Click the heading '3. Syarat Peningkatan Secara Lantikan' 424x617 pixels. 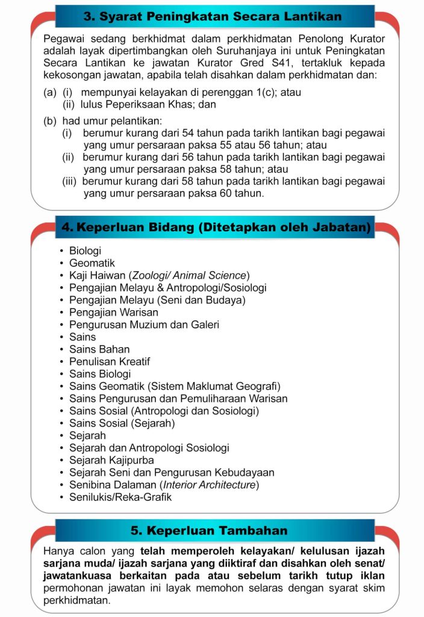tap(213, 16)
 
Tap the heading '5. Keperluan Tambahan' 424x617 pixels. tap(209, 531)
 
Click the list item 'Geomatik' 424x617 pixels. tap(92, 263)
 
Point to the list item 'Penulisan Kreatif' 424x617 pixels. tap(110, 362)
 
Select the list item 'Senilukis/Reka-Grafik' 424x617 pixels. tap(120, 497)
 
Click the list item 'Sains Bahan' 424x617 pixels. tap(99, 349)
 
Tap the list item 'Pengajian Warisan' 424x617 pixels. tap(114, 313)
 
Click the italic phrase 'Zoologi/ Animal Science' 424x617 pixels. tap(189, 275)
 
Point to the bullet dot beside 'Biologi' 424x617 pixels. tap(61, 251)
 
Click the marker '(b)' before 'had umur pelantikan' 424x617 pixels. tap(50, 121)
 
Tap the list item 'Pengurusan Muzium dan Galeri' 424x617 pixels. tap(144, 325)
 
